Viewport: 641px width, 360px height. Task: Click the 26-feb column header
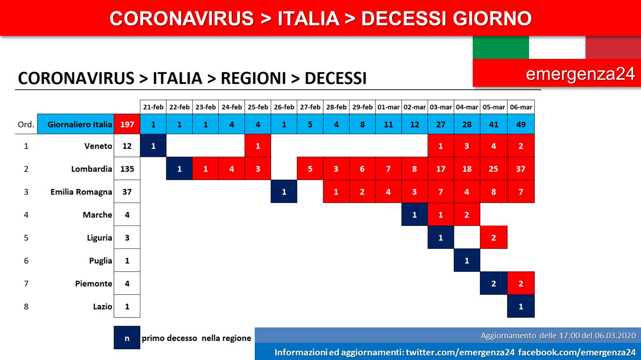284,107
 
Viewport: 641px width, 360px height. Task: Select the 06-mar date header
521,107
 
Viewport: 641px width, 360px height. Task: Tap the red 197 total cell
127,124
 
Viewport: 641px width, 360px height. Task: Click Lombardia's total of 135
127,169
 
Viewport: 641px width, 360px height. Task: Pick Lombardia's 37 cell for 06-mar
521,169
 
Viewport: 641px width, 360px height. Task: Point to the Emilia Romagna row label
81,192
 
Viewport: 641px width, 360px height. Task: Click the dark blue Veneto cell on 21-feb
153,146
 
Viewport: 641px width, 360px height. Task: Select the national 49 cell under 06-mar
521,124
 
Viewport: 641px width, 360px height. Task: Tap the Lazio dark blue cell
521,306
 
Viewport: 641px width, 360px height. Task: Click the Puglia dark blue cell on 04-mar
467,261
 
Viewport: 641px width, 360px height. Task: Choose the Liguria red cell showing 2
494,237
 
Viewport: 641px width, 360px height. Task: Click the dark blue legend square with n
127,338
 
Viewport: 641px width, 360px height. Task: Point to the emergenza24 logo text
580,74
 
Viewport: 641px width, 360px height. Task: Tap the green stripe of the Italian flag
501,48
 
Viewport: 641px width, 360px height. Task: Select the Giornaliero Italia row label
80,124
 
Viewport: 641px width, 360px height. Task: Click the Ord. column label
26,124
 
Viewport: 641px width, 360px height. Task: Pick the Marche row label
97,215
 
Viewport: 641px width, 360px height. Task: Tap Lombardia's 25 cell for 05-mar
494,169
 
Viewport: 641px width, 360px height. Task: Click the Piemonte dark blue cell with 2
494,283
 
